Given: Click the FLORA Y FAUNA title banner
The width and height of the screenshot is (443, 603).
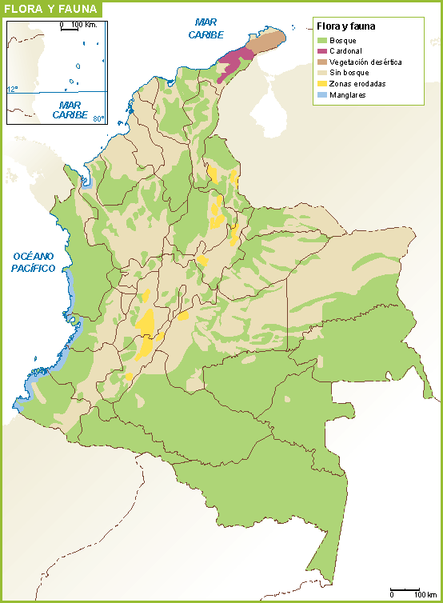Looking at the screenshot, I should (x=50, y=9).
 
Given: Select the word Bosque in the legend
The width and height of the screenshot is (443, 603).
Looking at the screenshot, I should (x=343, y=40).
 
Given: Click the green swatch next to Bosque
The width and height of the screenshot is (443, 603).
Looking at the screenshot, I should (x=322, y=40).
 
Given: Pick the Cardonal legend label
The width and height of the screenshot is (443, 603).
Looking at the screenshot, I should (x=346, y=51).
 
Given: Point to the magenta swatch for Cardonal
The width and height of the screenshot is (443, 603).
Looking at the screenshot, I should (x=322, y=51).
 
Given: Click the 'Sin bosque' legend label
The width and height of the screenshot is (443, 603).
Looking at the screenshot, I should (x=349, y=73).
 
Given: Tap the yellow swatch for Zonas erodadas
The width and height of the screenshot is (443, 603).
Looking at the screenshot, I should (x=322, y=84).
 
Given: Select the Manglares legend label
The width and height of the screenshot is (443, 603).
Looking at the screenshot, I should (x=348, y=95).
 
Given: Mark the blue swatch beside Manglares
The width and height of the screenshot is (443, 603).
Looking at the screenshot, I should (x=322, y=95).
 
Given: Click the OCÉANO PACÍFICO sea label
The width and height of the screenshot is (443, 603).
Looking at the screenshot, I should (x=34, y=262).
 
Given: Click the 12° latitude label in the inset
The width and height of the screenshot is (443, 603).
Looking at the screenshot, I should (x=12, y=89).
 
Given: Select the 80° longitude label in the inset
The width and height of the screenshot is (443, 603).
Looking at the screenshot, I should (x=98, y=119).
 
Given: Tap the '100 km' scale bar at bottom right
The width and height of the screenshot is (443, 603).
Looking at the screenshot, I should (x=408, y=593).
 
